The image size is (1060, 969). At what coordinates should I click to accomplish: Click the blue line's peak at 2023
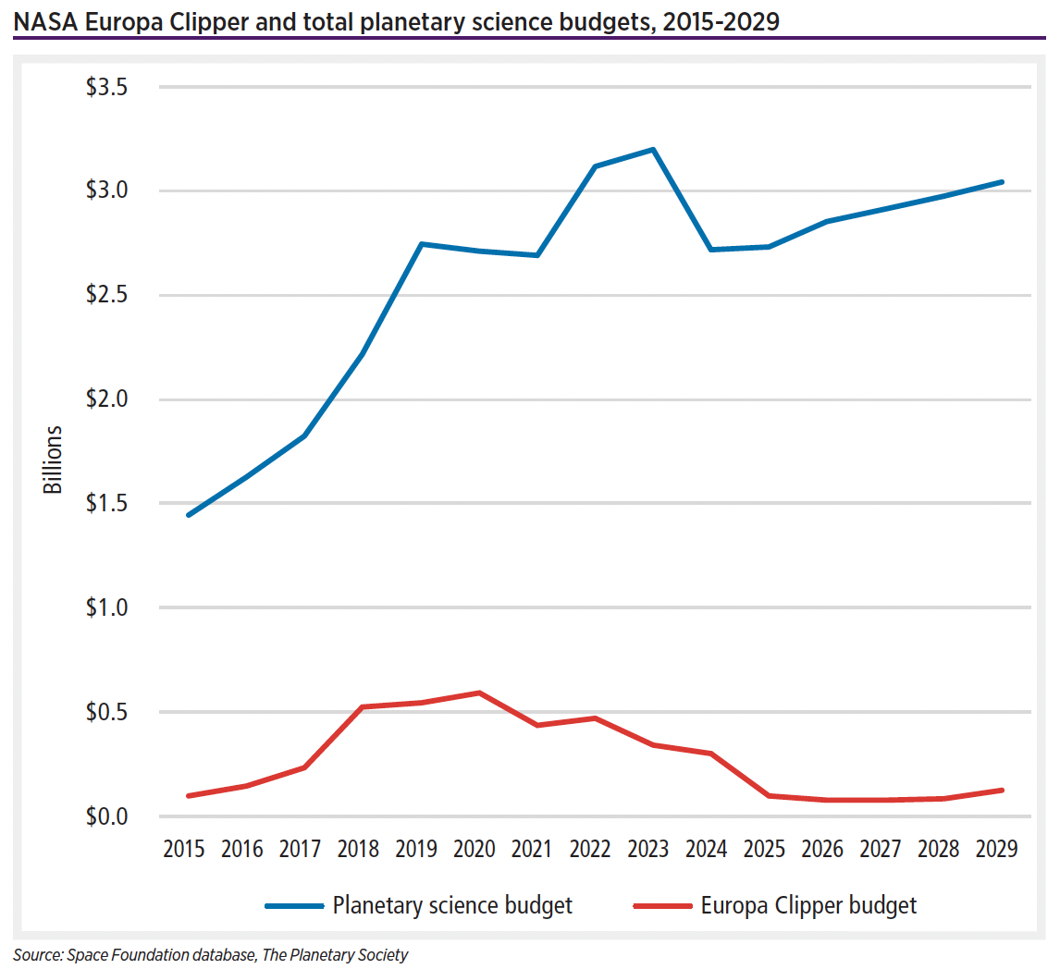(653, 149)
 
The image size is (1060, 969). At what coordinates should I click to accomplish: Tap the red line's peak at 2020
(479, 693)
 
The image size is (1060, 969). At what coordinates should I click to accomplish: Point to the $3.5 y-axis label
(109, 88)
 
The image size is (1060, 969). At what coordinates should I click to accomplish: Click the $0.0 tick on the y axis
(109, 817)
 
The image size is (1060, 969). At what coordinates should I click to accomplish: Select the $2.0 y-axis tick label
(109, 400)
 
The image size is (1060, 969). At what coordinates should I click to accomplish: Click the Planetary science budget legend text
(452, 905)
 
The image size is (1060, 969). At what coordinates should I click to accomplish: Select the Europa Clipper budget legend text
(808, 905)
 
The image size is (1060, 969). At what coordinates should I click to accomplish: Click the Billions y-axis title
(54, 460)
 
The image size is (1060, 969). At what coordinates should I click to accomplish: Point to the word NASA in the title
(43, 20)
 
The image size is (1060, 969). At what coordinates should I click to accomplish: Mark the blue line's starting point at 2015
(189, 515)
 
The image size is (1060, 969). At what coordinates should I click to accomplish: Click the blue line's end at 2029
(1002, 182)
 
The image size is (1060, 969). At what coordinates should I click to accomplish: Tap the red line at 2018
(362, 707)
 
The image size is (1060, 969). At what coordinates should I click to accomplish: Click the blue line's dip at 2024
(710, 250)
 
